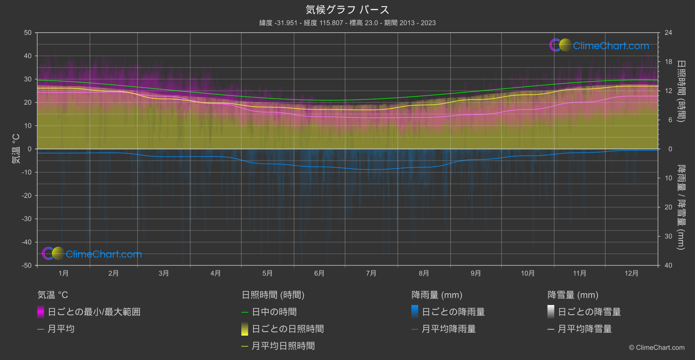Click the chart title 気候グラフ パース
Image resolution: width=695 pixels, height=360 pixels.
(x=347, y=10)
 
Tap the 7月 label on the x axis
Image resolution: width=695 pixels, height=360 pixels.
(x=371, y=273)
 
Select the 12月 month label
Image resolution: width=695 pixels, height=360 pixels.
(x=631, y=273)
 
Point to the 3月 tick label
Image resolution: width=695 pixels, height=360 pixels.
(x=164, y=273)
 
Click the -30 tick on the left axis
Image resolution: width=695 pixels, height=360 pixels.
(x=27, y=219)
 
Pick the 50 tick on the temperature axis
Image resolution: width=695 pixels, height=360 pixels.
(x=28, y=33)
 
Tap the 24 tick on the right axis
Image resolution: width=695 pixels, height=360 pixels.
(x=668, y=33)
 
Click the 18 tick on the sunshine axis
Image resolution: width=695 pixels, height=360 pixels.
(x=668, y=62)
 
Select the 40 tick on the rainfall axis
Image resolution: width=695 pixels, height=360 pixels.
(x=668, y=265)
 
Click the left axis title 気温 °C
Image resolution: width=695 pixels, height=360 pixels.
(x=16, y=149)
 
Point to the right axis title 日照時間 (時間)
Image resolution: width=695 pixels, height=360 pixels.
(x=681, y=91)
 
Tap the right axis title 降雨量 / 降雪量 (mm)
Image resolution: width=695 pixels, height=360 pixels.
(x=681, y=207)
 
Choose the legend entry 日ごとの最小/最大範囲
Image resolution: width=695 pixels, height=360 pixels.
(x=94, y=312)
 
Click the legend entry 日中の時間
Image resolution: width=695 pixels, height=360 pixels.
(x=274, y=312)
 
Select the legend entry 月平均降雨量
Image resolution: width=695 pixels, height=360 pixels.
(x=448, y=329)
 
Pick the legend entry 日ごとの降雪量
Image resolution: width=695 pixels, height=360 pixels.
(x=589, y=312)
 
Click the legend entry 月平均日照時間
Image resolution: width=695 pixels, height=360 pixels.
(x=283, y=346)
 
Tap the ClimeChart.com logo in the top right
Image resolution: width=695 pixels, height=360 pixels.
(x=599, y=45)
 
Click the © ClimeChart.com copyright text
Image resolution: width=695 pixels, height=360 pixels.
(x=657, y=347)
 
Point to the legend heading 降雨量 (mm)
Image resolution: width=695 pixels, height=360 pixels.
(x=437, y=295)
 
